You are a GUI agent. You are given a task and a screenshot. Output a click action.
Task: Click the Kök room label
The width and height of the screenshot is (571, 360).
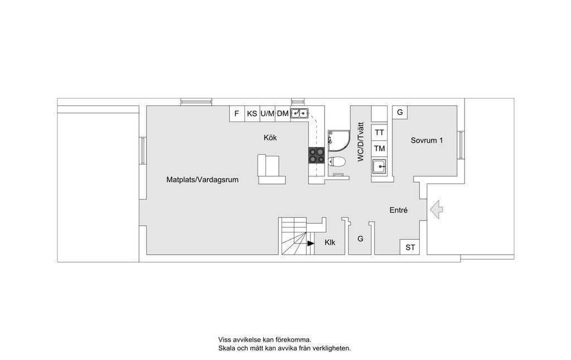click(270, 138)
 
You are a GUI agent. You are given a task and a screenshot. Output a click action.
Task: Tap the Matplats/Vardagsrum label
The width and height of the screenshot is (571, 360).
click(202, 179)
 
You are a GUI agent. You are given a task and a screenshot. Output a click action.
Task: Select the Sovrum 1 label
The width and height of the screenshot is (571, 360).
click(427, 140)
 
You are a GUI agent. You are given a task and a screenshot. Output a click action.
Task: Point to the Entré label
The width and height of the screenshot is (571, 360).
click(398, 210)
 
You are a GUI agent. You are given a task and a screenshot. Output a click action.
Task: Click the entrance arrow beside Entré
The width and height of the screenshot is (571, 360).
click(436, 210)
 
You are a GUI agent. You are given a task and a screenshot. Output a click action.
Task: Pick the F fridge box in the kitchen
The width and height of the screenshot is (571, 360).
click(236, 114)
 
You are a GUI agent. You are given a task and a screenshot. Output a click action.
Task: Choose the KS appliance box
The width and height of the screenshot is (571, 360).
click(252, 114)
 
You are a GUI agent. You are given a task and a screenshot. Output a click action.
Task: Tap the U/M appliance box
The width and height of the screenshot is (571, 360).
click(267, 114)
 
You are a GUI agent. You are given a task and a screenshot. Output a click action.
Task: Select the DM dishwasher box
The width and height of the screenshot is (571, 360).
click(283, 114)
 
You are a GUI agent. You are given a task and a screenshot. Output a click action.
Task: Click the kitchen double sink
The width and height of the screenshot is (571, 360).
click(299, 114)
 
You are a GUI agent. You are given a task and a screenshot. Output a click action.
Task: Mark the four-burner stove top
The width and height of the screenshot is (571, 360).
click(317, 155)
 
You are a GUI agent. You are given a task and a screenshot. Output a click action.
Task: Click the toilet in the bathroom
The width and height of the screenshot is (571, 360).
click(336, 161)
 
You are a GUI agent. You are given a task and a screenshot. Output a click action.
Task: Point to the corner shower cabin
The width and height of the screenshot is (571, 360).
click(338, 141)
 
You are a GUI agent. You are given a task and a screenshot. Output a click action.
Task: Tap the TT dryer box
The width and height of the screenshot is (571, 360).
click(379, 133)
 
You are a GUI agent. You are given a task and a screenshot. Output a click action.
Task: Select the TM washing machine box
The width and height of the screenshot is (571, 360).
click(379, 148)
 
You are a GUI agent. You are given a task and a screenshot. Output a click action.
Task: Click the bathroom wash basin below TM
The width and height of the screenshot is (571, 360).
click(379, 167)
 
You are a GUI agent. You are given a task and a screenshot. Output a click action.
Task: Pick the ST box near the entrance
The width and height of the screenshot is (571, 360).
click(410, 247)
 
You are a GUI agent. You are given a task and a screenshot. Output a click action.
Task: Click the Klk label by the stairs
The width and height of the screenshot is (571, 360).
click(330, 242)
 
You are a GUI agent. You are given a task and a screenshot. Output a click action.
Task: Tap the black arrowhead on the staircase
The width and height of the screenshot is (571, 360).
click(311, 243)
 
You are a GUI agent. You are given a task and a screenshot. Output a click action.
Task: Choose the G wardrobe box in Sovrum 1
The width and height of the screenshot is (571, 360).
click(400, 112)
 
